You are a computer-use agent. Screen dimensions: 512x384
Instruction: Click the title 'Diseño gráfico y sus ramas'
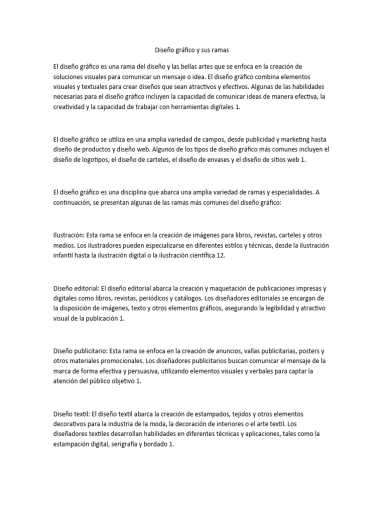tap(192, 50)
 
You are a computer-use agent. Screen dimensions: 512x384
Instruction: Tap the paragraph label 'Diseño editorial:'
tap(76, 288)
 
